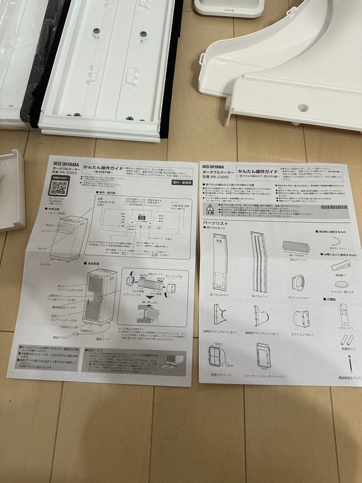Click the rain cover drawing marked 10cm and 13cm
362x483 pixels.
tap(218, 356)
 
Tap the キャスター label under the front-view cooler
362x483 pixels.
tap(46, 264)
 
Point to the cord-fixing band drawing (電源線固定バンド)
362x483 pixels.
tap(350, 364)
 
